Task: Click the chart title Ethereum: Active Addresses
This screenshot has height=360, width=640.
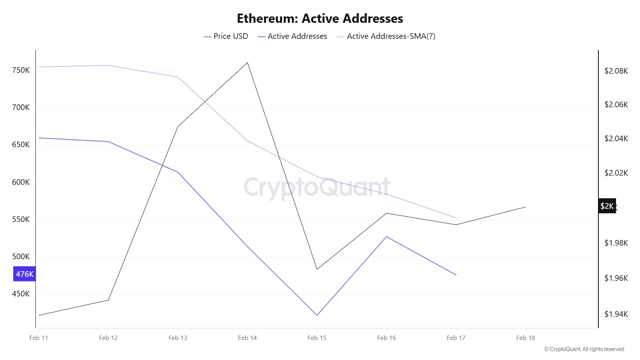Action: coord(320,18)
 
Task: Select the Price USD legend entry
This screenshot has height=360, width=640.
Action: coord(226,36)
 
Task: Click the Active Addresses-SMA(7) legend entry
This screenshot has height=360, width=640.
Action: coord(386,36)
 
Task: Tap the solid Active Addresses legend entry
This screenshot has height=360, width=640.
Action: coord(292,36)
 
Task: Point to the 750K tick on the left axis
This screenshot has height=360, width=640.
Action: coord(21,70)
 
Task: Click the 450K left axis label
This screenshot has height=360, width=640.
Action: coord(21,294)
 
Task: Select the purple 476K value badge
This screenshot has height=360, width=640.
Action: coord(24,274)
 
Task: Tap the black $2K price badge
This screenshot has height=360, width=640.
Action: coord(607,206)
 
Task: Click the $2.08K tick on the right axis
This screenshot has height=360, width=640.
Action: coord(616,71)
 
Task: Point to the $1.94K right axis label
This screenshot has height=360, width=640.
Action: coord(616,314)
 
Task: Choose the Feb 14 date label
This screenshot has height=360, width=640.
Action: coord(247,338)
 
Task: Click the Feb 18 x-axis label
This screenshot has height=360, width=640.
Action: coord(525,338)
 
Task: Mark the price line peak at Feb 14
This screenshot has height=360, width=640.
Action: coord(248,63)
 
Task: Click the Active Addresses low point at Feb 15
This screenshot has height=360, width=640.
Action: coord(317,315)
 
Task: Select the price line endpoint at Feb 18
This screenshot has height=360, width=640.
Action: coord(525,207)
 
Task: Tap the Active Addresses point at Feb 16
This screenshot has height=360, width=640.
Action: coord(386,237)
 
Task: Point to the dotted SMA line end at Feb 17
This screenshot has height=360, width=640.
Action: coord(456,218)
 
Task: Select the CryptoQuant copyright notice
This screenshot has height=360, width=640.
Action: coord(584,349)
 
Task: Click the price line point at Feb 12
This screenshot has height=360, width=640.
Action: coord(108,300)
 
